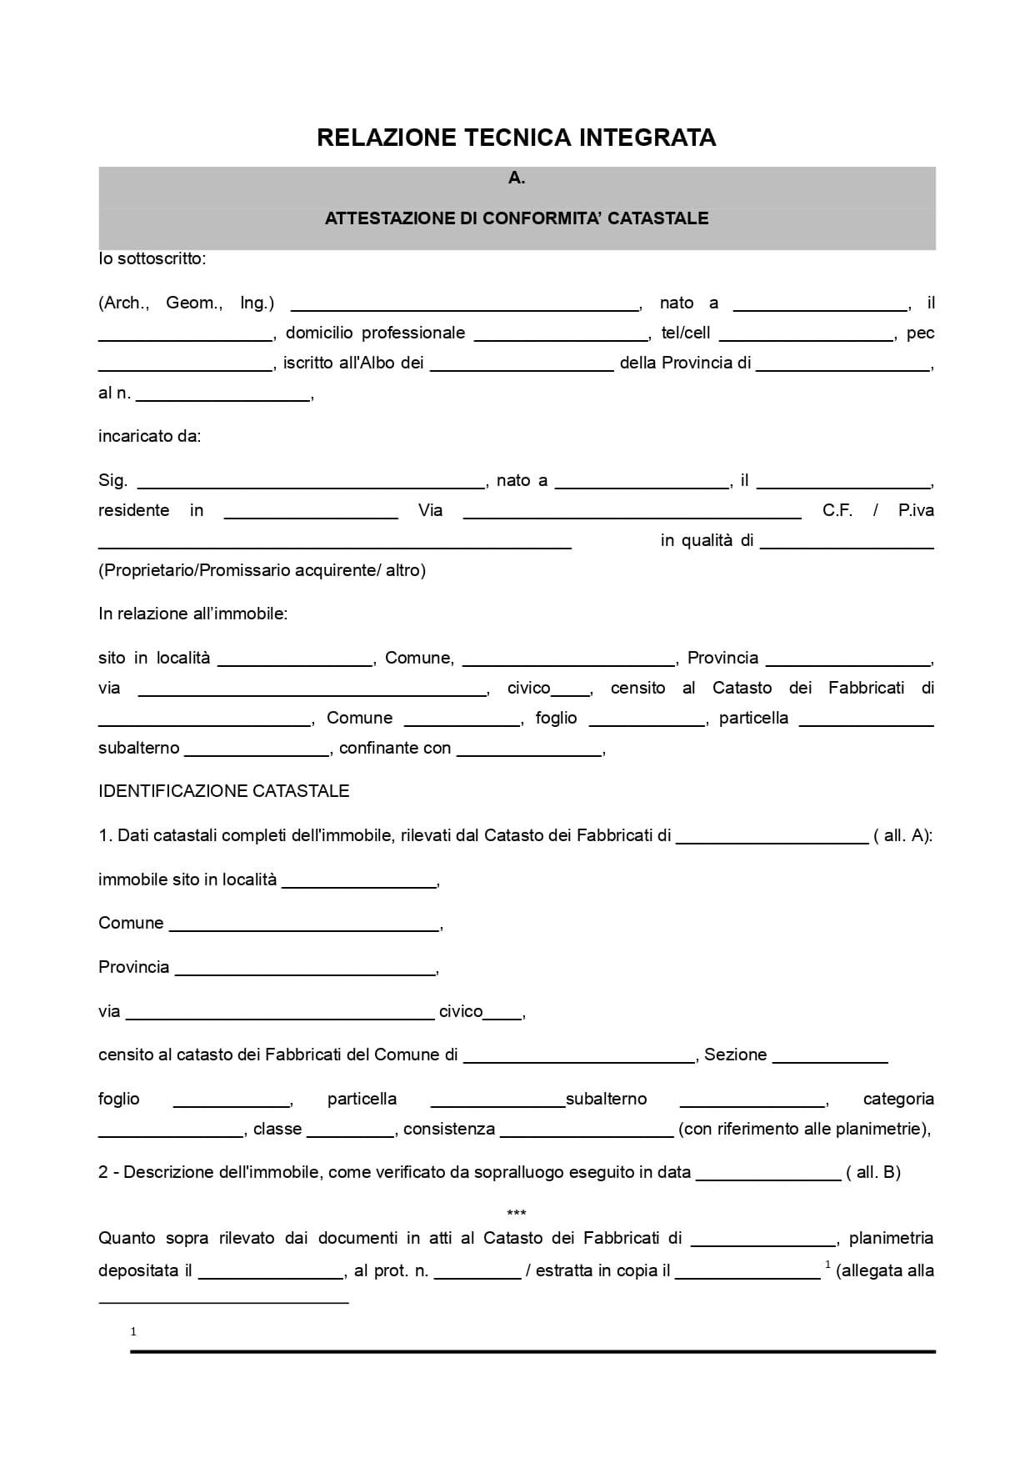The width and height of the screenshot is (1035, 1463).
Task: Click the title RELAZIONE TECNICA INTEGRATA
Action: (x=516, y=138)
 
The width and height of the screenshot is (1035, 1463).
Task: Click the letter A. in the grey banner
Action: (x=517, y=178)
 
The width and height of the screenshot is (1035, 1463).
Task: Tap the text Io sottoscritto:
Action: (x=152, y=258)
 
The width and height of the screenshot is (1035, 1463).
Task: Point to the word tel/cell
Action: (x=685, y=333)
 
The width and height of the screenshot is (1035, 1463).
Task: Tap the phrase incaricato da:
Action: (x=149, y=436)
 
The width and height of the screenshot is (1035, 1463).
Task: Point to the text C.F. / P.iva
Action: (x=877, y=510)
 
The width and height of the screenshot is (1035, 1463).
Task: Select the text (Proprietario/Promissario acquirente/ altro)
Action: (x=262, y=570)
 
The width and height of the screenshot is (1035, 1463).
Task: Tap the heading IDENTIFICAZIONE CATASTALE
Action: (x=223, y=791)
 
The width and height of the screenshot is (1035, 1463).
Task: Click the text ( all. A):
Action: (x=902, y=835)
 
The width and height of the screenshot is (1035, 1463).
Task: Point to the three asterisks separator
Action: (x=517, y=1213)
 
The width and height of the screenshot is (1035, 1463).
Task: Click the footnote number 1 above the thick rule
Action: (x=133, y=1331)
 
